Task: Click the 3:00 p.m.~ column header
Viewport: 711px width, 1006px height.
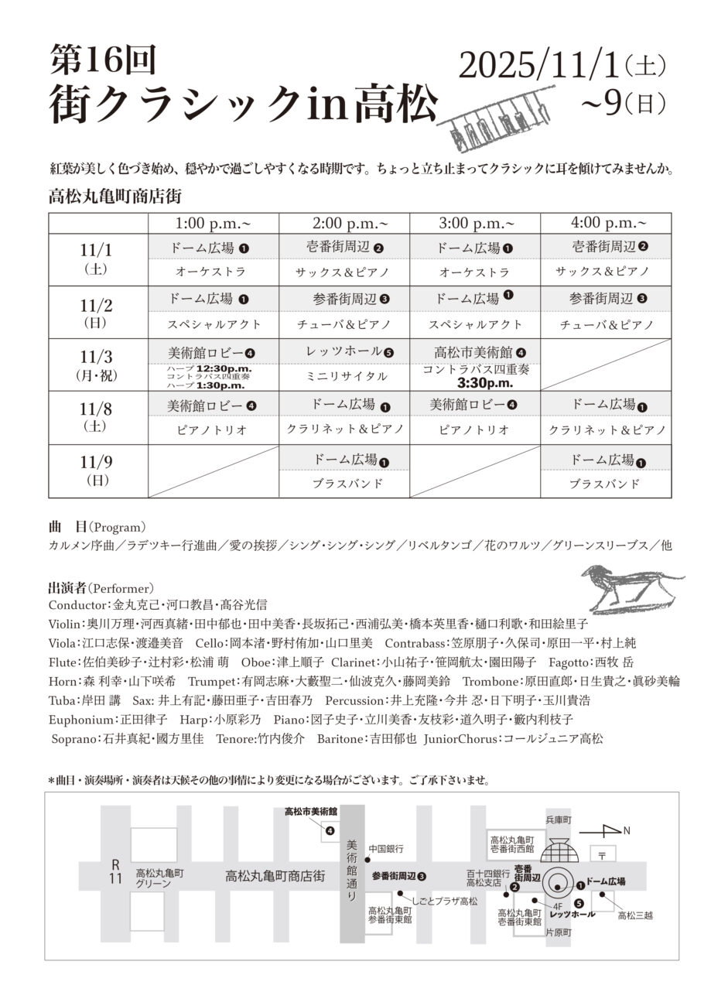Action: tap(475, 223)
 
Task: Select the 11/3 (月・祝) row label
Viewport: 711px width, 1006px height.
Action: tap(97, 365)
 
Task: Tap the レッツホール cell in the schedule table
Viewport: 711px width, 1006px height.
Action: tap(344, 352)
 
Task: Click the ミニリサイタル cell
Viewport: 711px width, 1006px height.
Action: tap(344, 376)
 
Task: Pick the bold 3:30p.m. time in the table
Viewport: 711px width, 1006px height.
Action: tap(485, 382)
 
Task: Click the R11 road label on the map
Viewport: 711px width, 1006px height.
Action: tap(115, 871)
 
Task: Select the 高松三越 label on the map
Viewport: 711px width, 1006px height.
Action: tap(635, 915)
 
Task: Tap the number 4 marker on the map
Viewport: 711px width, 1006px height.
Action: tap(330, 831)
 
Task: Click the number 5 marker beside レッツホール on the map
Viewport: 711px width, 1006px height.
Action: tap(579, 902)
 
